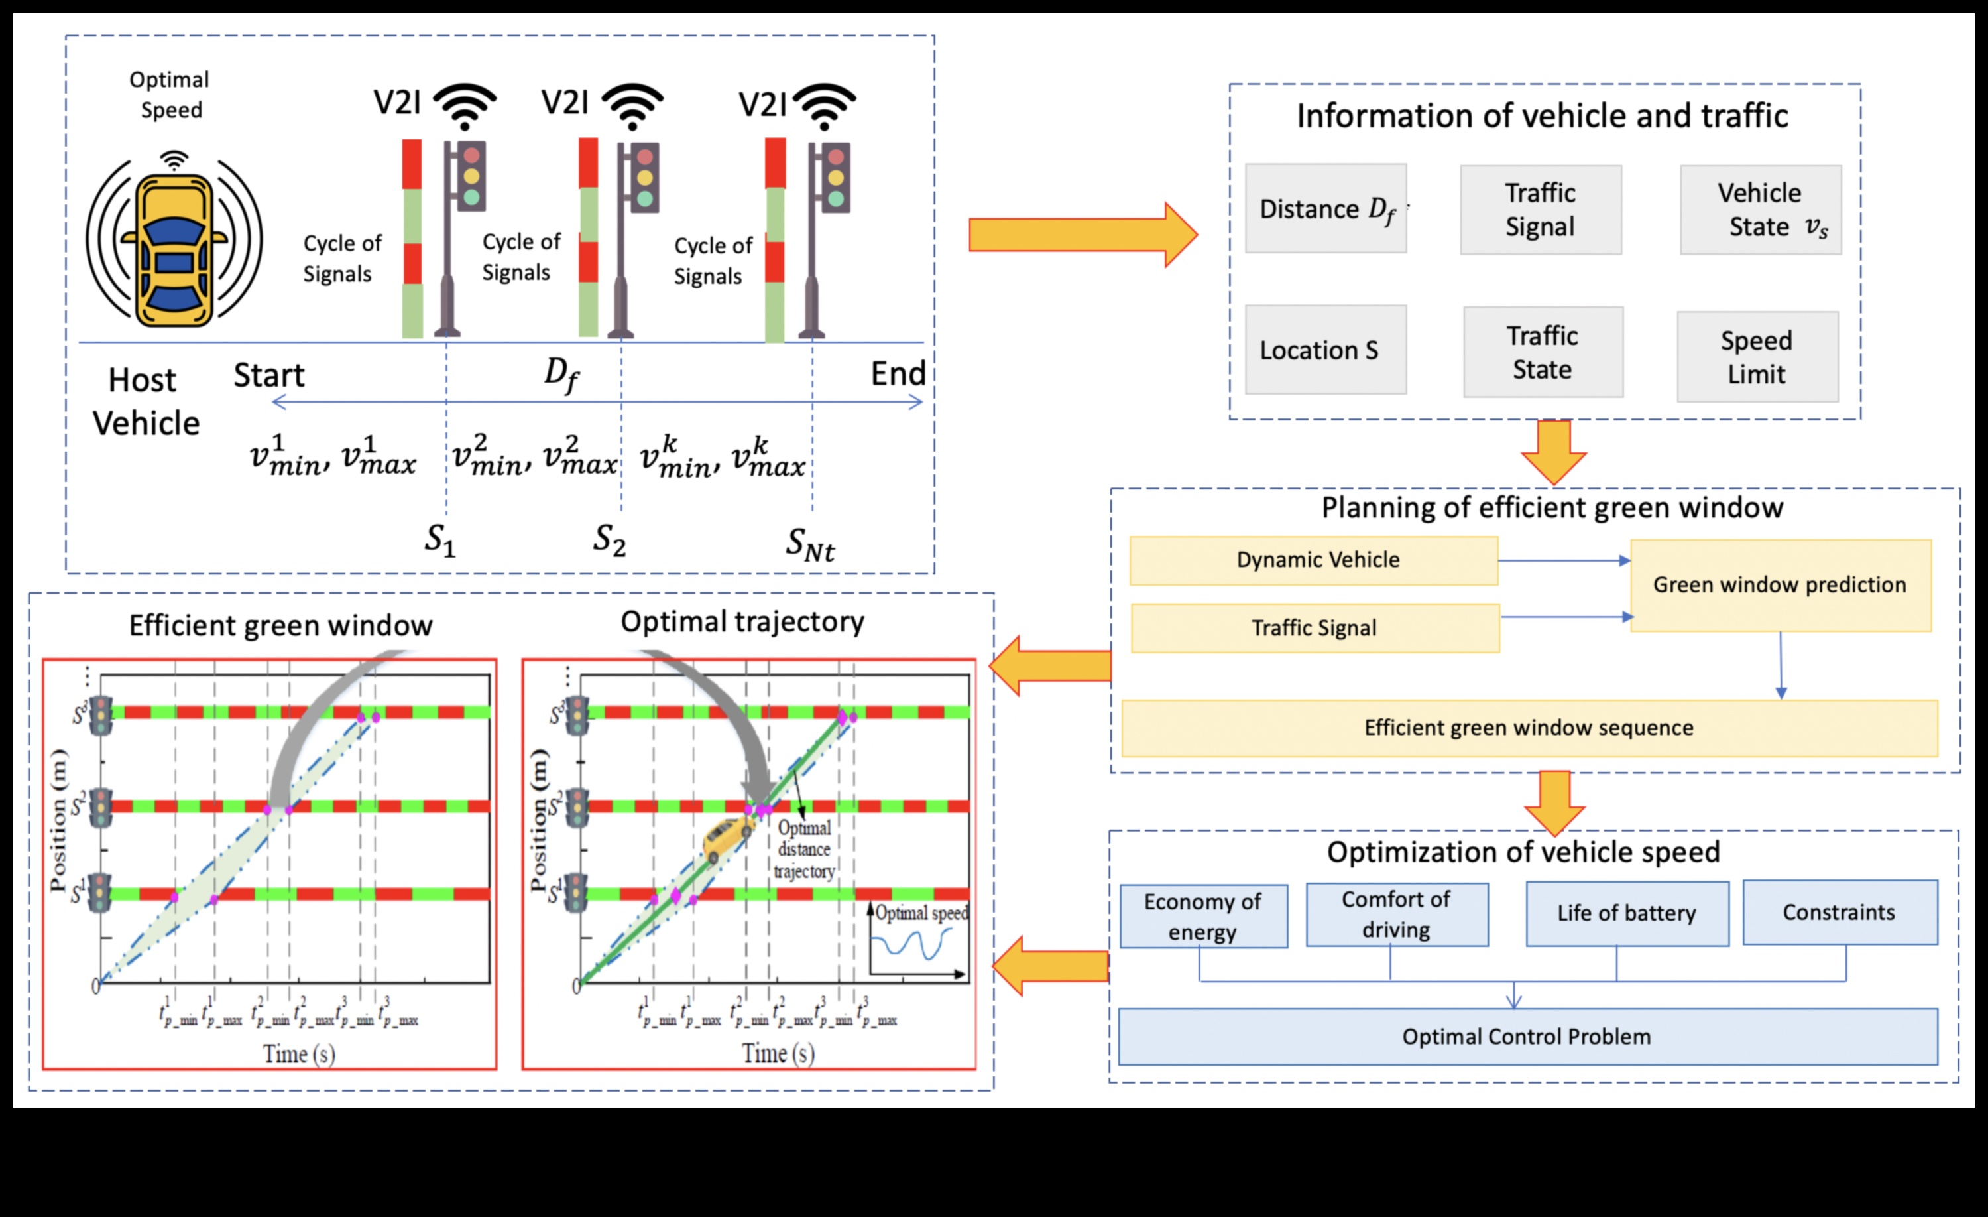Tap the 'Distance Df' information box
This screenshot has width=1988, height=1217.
(1326, 209)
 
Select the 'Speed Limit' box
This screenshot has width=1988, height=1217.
(1757, 357)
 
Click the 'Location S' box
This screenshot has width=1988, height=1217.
(1326, 350)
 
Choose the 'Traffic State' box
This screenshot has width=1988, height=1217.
(1543, 352)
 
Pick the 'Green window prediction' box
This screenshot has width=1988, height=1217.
(1780, 585)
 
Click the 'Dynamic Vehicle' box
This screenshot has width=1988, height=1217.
(1313, 560)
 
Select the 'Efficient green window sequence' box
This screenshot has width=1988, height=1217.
(1529, 728)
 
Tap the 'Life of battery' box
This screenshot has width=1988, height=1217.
(1627, 913)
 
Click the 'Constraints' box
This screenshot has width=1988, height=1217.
(1840, 912)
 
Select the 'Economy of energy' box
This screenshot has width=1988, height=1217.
(1203, 916)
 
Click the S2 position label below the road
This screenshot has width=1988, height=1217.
(610, 539)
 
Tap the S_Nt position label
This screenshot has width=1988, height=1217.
(810, 544)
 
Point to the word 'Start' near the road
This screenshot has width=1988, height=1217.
(268, 375)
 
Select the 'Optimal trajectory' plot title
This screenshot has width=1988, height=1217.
(742, 621)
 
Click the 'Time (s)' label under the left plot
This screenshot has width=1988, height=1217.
(298, 1054)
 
